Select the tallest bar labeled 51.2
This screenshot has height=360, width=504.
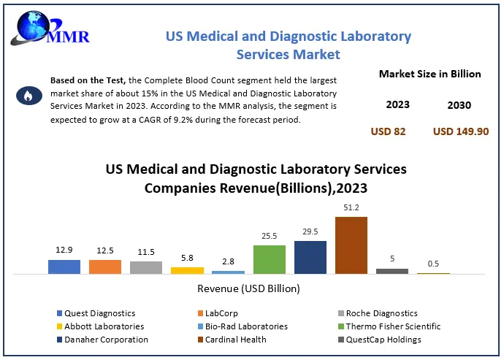click(351, 245)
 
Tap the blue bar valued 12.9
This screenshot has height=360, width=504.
click(64, 267)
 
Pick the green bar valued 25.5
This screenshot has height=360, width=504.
click(270, 259)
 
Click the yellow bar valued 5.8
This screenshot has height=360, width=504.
click(188, 270)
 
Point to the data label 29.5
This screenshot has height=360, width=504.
click(310, 231)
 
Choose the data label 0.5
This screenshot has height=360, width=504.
click(433, 264)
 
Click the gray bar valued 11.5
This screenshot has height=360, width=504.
click(146, 267)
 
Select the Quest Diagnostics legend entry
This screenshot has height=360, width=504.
click(95, 313)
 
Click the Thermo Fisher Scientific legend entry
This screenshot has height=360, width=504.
click(393, 326)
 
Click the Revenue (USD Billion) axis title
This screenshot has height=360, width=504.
click(249, 288)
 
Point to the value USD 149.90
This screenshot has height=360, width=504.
click(460, 131)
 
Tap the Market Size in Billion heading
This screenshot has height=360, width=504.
click(429, 74)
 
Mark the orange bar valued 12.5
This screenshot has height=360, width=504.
click(105, 267)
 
